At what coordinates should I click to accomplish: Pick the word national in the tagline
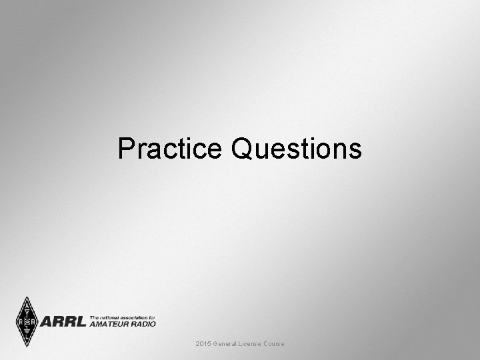tap(110, 317)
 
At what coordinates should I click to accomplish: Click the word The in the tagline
tap(94, 317)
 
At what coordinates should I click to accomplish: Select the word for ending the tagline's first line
tap(153, 317)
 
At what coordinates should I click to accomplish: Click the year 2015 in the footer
tap(203, 343)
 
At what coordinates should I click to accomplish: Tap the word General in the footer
tap(226, 343)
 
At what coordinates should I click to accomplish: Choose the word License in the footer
tap(252, 343)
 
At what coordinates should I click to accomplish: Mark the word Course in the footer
tap(275, 343)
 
